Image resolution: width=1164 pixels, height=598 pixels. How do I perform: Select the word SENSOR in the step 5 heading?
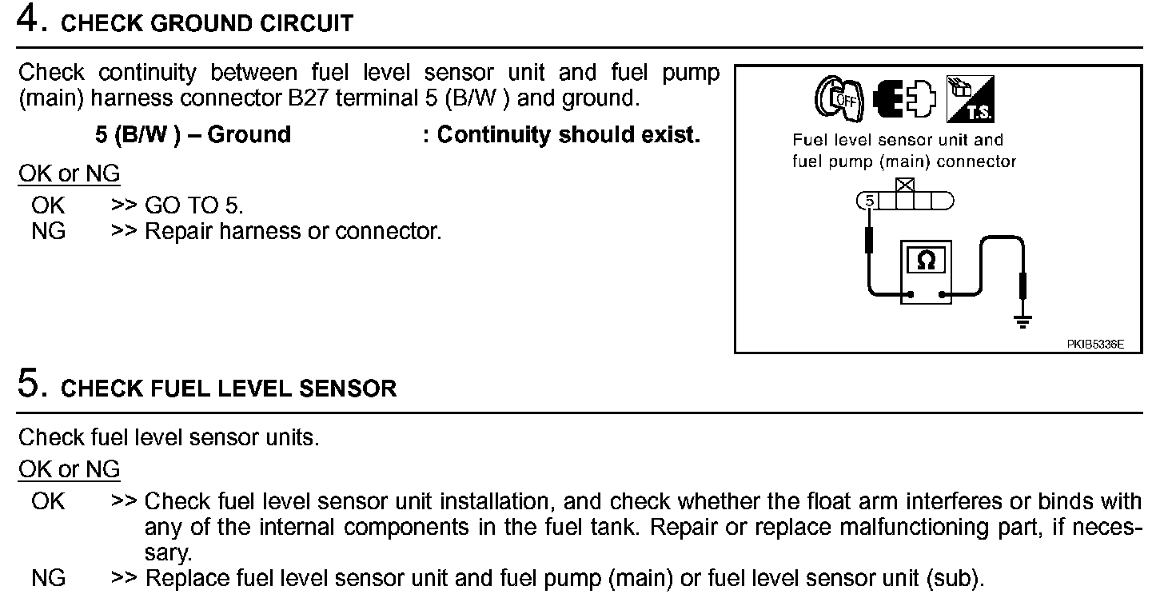point(348,389)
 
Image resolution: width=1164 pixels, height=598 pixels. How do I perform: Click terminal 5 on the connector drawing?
point(870,200)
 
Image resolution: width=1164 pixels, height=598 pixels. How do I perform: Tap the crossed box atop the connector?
point(905,185)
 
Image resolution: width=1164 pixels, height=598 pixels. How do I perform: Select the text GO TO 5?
point(193,205)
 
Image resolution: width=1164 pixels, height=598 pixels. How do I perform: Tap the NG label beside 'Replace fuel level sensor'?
point(48,578)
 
